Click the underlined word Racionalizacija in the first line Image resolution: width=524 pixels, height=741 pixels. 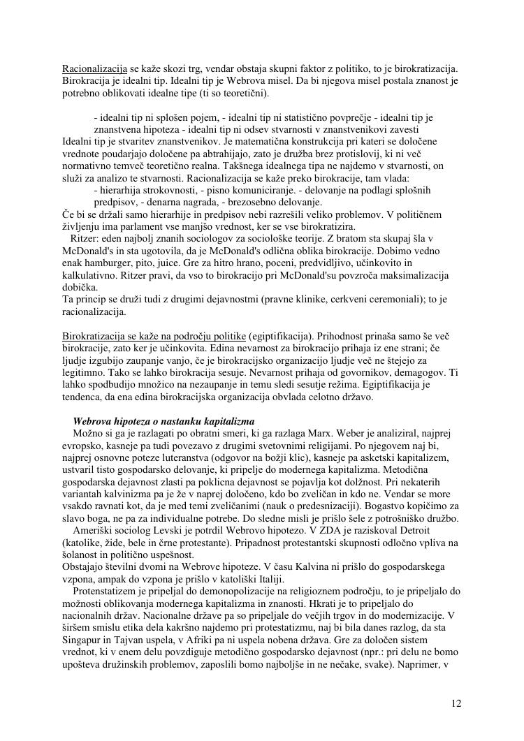94,69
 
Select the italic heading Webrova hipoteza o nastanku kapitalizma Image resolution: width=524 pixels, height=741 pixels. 163,422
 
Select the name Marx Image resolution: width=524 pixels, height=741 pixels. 305,434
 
